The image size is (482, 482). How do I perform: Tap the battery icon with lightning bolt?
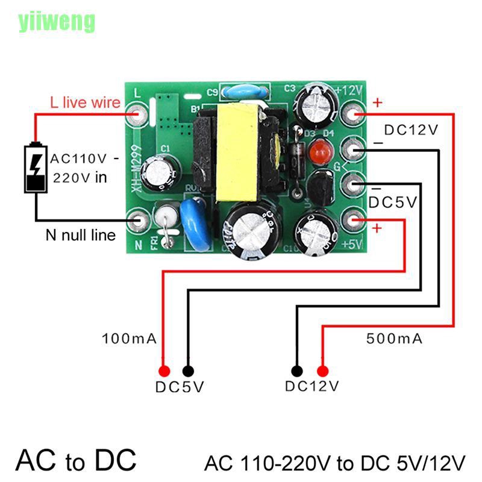pos(36,168)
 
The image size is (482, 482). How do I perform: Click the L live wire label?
pos(84,103)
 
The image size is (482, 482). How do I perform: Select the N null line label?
pos(80,235)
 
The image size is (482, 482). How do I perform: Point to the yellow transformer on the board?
pos(236,152)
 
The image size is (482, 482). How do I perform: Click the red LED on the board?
pos(316,153)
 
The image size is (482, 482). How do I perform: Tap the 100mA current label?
pos(130,339)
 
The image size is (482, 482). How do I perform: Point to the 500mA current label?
pos(394,339)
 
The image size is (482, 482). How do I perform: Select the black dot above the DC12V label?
pos(296,371)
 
